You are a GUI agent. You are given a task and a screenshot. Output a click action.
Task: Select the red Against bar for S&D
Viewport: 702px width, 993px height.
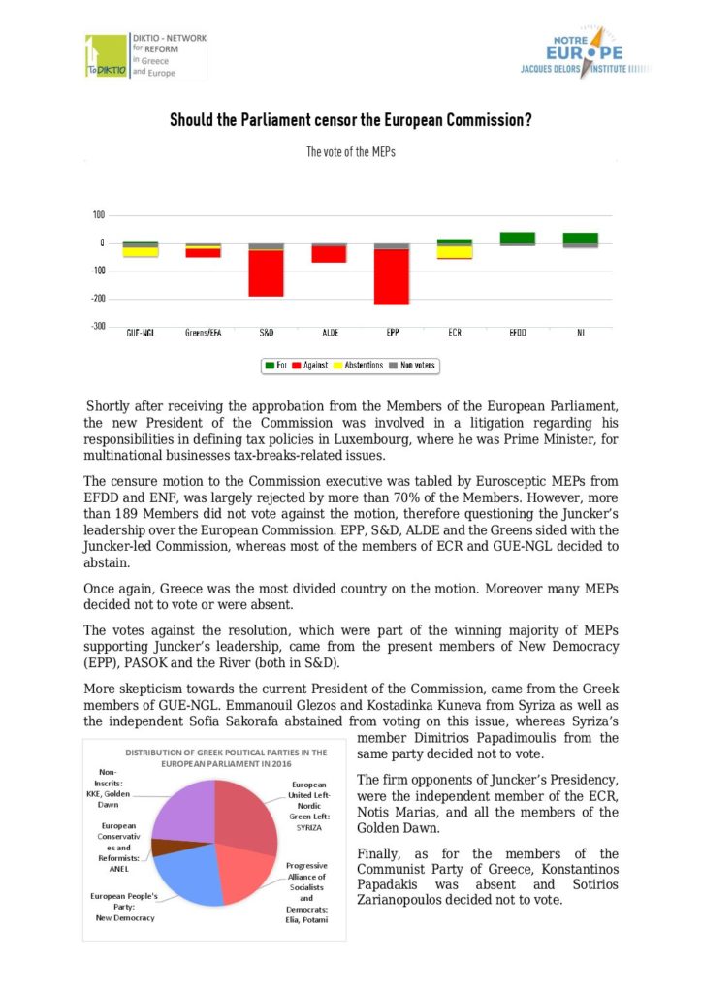[x=267, y=272]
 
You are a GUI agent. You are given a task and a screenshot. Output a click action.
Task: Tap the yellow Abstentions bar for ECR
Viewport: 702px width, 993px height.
[x=455, y=251]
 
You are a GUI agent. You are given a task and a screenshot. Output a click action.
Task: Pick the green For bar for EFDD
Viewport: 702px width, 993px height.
[x=518, y=238]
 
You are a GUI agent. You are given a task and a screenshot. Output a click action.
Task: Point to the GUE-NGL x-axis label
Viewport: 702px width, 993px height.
[x=141, y=333]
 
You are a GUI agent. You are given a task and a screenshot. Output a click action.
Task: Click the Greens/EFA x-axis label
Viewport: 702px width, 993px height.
[x=204, y=333]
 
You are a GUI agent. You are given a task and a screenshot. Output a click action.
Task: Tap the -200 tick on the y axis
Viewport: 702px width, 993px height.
[x=99, y=299]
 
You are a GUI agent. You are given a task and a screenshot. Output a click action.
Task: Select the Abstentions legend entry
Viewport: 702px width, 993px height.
[x=358, y=366]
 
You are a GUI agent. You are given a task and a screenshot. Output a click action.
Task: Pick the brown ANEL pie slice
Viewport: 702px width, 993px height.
[x=160, y=847]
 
